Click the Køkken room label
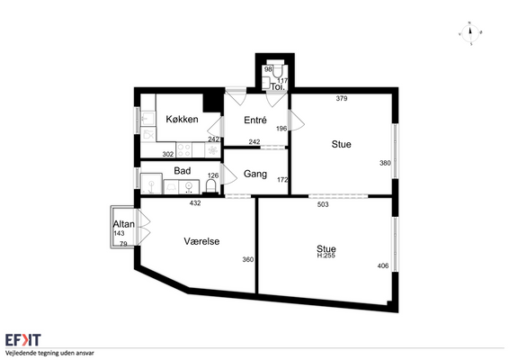[182, 119]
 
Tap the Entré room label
[255, 121]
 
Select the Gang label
[255, 175]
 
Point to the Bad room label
[183, 171]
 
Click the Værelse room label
[201, 241]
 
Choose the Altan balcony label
[124, 224]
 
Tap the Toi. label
[278, 86]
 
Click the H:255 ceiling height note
[326, 256]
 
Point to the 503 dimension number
[323, 204]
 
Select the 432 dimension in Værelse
[195, 203]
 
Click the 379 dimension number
[342, 98]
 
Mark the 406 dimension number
[383, 265]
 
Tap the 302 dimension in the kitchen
[168, 154]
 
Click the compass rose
[470, 33]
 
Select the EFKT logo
[23, 340]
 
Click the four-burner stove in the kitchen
[183, 150]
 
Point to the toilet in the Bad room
[211, 186]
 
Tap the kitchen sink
[148, 119]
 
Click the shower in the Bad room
[151, 184]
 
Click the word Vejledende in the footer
[19, 353]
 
